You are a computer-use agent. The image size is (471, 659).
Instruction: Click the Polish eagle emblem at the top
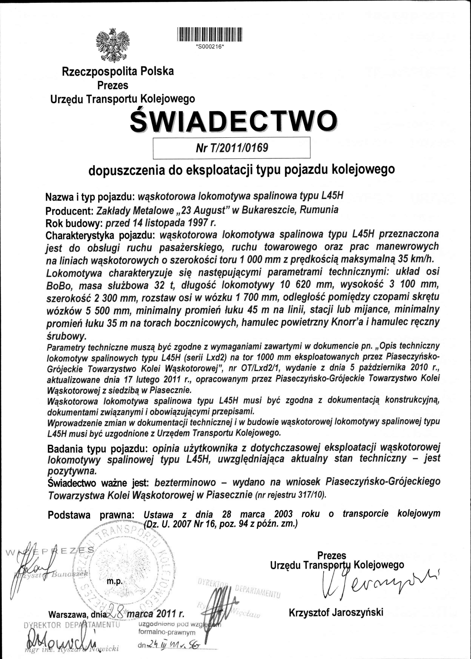[113, 45]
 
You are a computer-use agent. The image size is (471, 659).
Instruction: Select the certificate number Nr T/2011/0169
[232, 148]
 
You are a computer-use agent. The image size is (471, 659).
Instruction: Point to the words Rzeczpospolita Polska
[118, 71]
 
